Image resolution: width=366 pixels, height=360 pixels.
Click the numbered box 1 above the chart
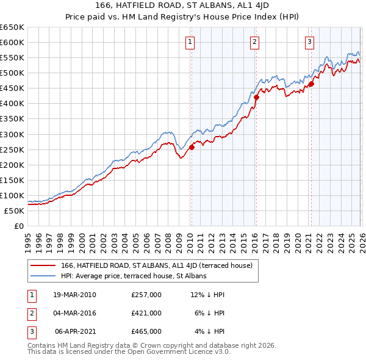(191, 42)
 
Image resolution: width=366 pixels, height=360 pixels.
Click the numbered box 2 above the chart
(254, 42)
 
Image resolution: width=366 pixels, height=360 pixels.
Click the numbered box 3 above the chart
(310, 42)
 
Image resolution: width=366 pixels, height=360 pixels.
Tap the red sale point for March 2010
(192, 147)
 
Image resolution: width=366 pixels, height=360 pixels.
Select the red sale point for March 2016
(256, 97)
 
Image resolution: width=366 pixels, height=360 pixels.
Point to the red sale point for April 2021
(311, 84)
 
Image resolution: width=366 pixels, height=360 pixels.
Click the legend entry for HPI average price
(134, 276)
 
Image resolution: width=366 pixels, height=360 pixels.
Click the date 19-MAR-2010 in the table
(75, 295)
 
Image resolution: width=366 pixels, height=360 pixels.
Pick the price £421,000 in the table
(146, 313)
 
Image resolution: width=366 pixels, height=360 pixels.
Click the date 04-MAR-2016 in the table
(75, 313)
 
